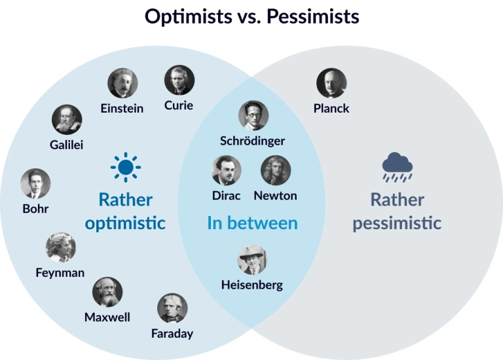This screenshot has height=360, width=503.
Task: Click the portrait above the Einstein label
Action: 122,83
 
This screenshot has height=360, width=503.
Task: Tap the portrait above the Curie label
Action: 179,80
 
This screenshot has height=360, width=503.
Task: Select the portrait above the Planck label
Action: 331,83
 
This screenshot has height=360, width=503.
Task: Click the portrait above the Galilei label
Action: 67,120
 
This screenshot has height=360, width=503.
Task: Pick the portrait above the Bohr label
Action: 35,184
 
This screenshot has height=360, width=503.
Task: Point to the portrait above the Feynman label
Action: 61,247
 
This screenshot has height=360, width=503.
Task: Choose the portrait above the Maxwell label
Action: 107,292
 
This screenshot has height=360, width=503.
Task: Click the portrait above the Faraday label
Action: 172,308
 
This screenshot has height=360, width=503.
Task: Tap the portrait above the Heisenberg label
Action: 252,260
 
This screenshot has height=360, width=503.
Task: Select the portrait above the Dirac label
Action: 227,170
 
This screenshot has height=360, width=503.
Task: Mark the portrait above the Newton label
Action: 276,170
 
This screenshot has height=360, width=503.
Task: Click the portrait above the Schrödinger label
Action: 253,115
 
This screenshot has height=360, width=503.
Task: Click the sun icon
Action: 126,167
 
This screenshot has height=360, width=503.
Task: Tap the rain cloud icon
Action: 398,167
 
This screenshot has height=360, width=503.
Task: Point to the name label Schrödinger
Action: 252,141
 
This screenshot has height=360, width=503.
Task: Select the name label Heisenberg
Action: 252,285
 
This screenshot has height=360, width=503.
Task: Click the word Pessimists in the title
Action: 313,16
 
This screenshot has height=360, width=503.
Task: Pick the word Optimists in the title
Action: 189,17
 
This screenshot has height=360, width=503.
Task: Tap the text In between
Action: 252,223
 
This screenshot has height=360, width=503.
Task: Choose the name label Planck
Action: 331,109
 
